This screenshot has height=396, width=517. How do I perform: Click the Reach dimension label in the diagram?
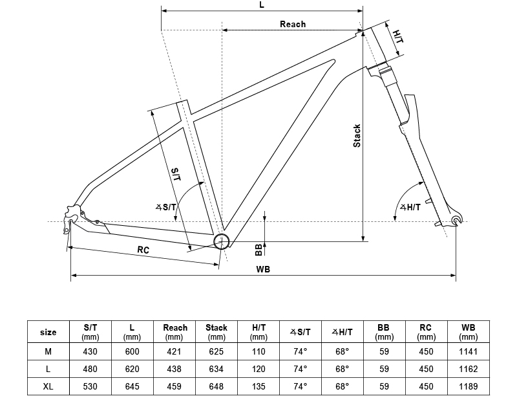click(292, 24)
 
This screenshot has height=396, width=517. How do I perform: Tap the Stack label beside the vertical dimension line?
click(357, 135)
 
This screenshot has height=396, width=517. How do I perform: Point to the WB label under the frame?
click(263, 269)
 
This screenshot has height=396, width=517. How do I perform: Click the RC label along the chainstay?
click(143, 250)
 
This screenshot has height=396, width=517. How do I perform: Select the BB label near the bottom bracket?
click(258, 249)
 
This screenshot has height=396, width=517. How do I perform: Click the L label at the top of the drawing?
click(261, 5)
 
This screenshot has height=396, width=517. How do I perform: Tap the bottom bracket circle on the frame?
click(222, 241)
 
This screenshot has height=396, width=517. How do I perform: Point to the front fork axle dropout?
click(457, 221)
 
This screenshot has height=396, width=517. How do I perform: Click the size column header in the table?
click(48, 333)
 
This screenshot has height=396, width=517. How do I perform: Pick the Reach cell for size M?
click(174, 351)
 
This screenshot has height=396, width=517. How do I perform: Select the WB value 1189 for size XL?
click(469, 386)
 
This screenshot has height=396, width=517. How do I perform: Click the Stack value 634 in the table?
click(216, 369)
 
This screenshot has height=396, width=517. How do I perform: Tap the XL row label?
click(48, 386)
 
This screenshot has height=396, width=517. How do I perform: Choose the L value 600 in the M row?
click(132, 351)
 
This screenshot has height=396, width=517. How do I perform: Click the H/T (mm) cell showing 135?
click(258, 386)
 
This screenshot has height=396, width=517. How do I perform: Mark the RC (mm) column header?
click(427, 333)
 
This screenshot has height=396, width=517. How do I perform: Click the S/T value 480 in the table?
click(90, 369)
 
